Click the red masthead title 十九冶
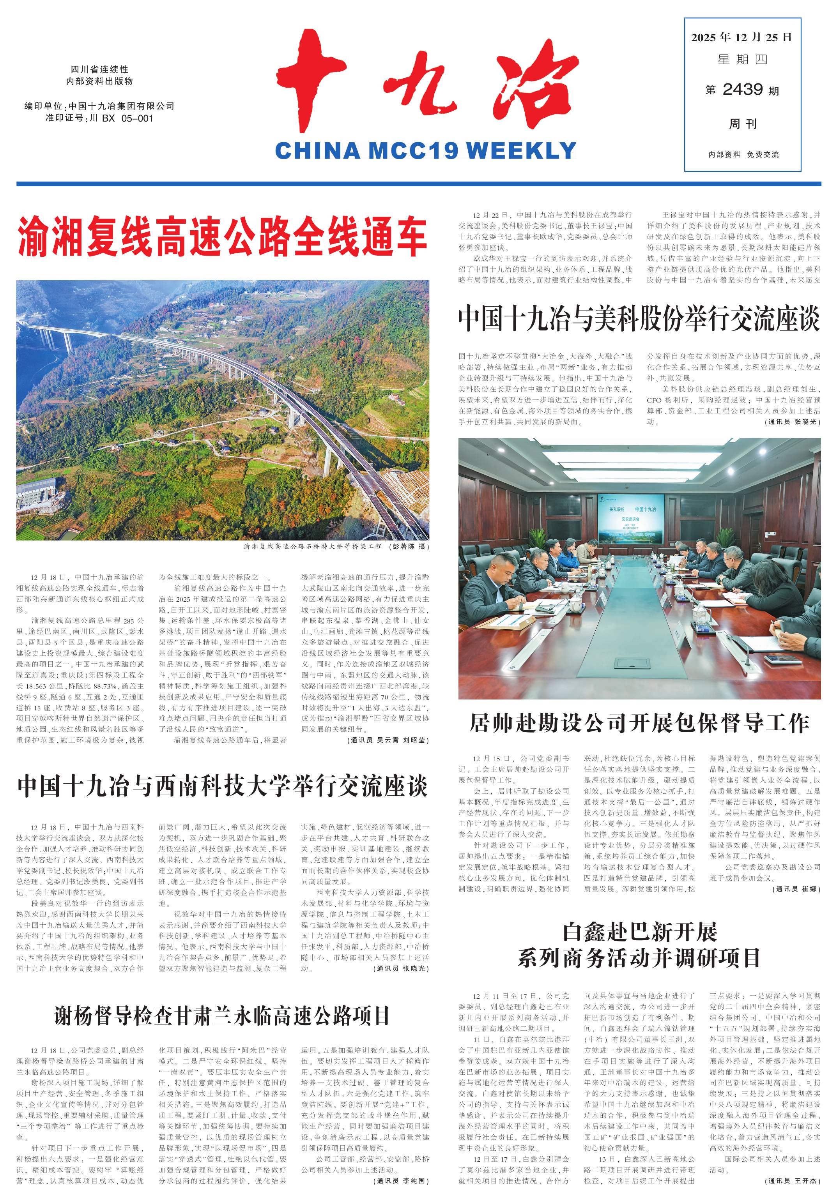(426, 84)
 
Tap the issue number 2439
(742, 90)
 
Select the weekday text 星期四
(742, 60)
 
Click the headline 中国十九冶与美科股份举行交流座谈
(639, 319)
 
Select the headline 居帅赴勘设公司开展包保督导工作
(639, 723)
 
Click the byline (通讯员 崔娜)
(796, 889)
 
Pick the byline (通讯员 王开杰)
(793, 1195)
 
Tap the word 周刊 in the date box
(743, 124)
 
